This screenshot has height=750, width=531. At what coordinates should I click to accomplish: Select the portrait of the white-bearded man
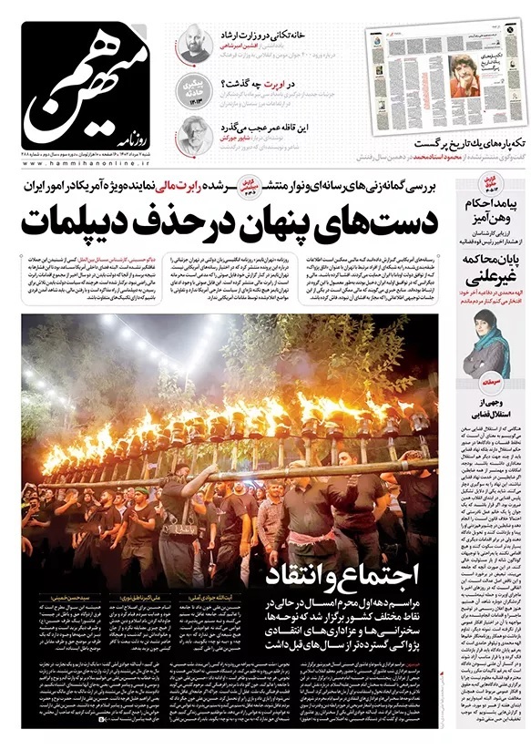click(192, 136)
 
